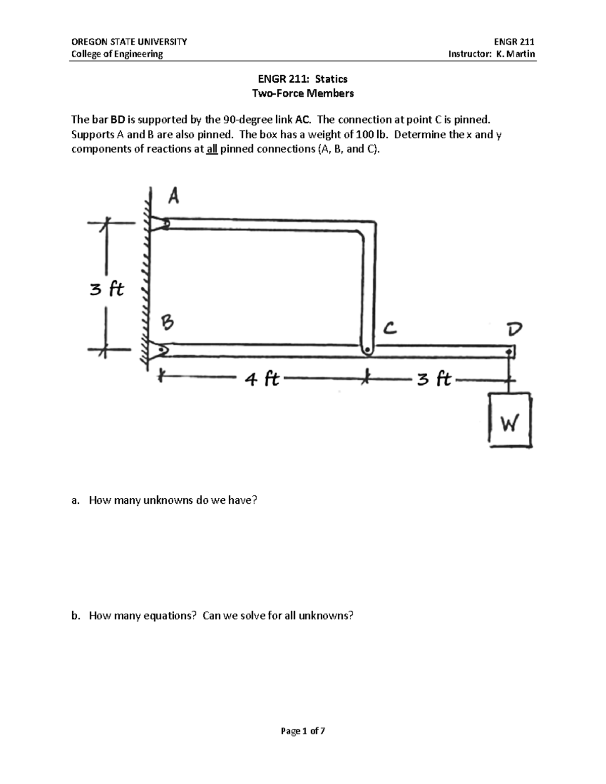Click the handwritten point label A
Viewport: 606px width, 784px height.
(173, 196)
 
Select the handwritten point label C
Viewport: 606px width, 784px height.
(389, 329)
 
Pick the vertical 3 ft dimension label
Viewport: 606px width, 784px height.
(107, 289)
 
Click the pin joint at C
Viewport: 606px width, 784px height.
(367, 349)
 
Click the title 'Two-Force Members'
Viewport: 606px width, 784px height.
(303, 93)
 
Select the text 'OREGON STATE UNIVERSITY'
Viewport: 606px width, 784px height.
(129, 42)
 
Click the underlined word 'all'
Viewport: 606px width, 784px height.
(211, 149)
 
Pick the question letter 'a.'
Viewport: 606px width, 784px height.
(76, 500)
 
